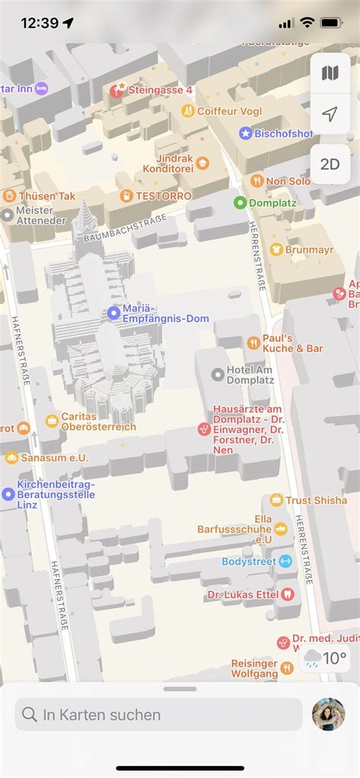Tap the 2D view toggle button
pyautogui.click(x=330, y=164)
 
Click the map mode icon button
pyautogui.click(x=330, y=73)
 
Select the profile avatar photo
pyautogui.click(x=328, y=714)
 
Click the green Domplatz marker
pyautogui.click(x=240, y=203)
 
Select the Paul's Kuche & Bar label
pyautogui.click(x=292, y=343)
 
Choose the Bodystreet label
pyautogui.click(x=249, y=562)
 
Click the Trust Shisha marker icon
pyautogui.click(x=276, y=500)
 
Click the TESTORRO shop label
pyautogui.click(x=164, y=196)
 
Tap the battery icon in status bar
pyautogui.click(x=332, y=23)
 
